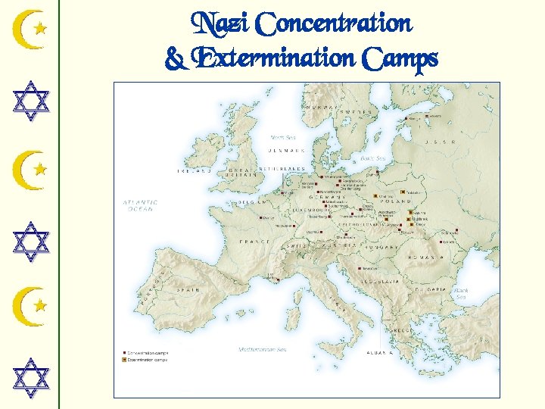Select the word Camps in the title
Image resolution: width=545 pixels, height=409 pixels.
point(400,58)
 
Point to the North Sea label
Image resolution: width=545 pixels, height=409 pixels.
point(283,137)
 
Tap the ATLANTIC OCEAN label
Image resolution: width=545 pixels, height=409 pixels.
point(141,205)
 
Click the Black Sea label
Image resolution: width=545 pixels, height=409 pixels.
point(461,293)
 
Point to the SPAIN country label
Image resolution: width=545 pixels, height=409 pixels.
point(188,289)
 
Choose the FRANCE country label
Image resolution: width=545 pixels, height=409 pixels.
point(254,242)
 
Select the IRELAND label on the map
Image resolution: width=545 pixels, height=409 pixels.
point(195,171)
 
